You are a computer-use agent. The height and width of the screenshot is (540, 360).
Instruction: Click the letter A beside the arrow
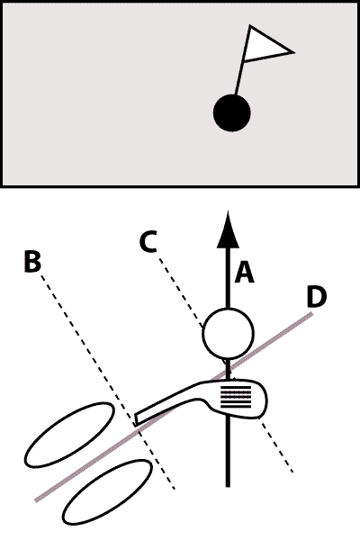pyautogui.click(x=244, y=272)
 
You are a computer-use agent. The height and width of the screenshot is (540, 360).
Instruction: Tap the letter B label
pyautogui.click(x=33, y=262)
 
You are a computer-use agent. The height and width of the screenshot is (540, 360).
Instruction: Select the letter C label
pyautogui.click(x=148, y=241)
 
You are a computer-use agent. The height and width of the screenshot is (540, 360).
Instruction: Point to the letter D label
pyautogui.click(x=316, y=297)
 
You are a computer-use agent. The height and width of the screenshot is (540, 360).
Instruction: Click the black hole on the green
pyautogui.click(x=232, y=113)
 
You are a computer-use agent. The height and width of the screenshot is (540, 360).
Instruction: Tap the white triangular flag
pyautogui.click(x=265, y=45)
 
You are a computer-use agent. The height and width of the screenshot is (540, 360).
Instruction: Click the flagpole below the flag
pyautogui.click(x=239, y=78)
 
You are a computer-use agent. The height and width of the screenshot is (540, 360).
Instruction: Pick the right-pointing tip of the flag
pyautogui.click(x=294, y=52)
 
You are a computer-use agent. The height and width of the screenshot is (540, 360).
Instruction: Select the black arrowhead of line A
pyautogui.click(x=228, y=229)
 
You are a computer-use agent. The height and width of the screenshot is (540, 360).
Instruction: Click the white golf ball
pyautogui.click(x=228, y=333)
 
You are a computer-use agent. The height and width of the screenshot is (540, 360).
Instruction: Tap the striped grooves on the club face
pyautogui.click(x=236, y=397)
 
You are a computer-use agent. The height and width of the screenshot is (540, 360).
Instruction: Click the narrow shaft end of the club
pyautogui.click(x=137, y=418)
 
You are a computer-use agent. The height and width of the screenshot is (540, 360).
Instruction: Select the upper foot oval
pyautogui.click(x=69, y=435)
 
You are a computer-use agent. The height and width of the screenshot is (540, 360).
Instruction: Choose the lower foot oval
pyautogui.click(x=107, y=492)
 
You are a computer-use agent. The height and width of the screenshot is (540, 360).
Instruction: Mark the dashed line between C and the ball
pyautogui.click(x=180, y=292)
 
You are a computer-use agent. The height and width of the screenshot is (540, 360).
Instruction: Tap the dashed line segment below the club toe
pyautogui.click(x=276, y=445)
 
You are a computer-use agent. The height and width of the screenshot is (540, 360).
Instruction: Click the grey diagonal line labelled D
pyautogui.click(x=174, y=407)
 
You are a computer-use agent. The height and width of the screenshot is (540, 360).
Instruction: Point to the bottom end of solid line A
pyautogui.click(x=228, y=487)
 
